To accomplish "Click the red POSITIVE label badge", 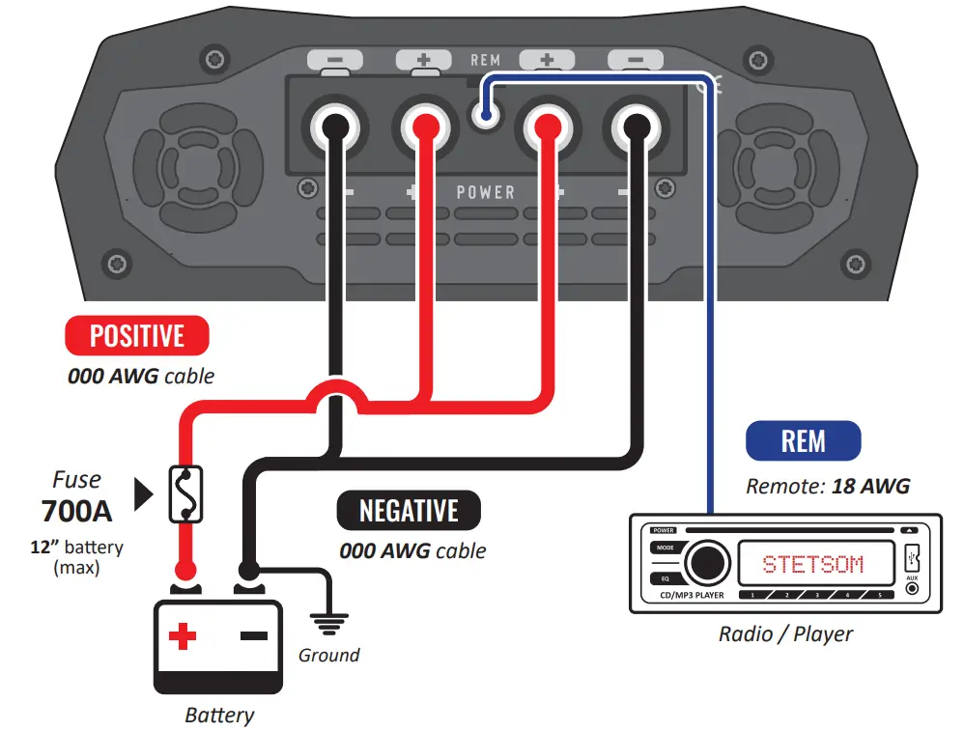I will coord(136,336).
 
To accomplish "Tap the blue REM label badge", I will coord(803,441).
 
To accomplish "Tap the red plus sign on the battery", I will coord(183,636).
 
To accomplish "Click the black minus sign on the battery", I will coord(253,636).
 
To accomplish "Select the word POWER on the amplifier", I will coord(486,192).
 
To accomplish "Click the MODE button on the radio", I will coord(664,548).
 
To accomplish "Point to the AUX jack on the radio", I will coord(912,586).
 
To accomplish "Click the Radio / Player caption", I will coord(785,634).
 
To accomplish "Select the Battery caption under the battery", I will coord(220,716).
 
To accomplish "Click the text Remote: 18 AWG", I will coord(828,487).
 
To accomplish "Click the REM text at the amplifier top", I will coord(485,60).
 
